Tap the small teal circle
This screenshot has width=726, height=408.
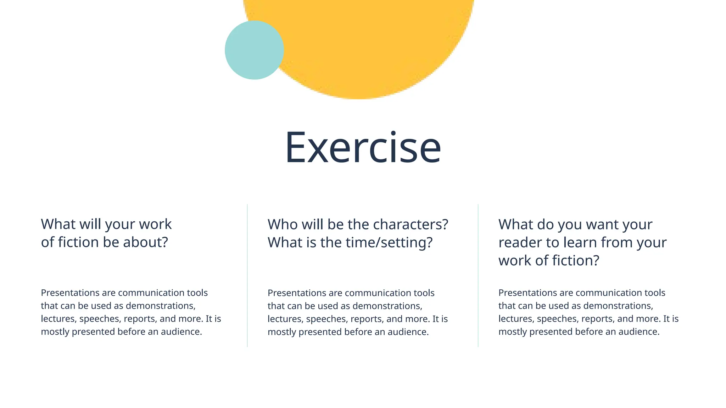point(254,50)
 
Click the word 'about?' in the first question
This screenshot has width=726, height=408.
point(145,242)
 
